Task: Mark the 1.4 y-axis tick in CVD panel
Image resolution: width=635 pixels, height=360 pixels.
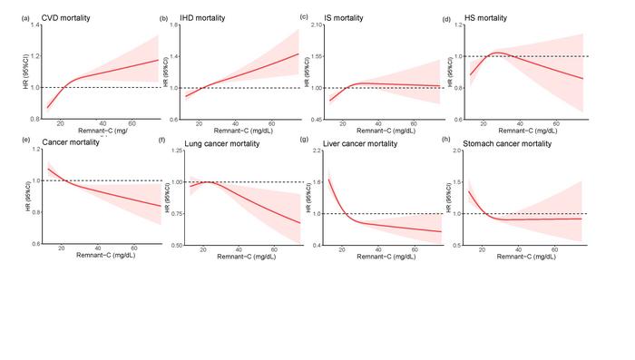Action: (34, 25)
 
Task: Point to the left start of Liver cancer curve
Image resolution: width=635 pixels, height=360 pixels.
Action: (328, 180)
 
